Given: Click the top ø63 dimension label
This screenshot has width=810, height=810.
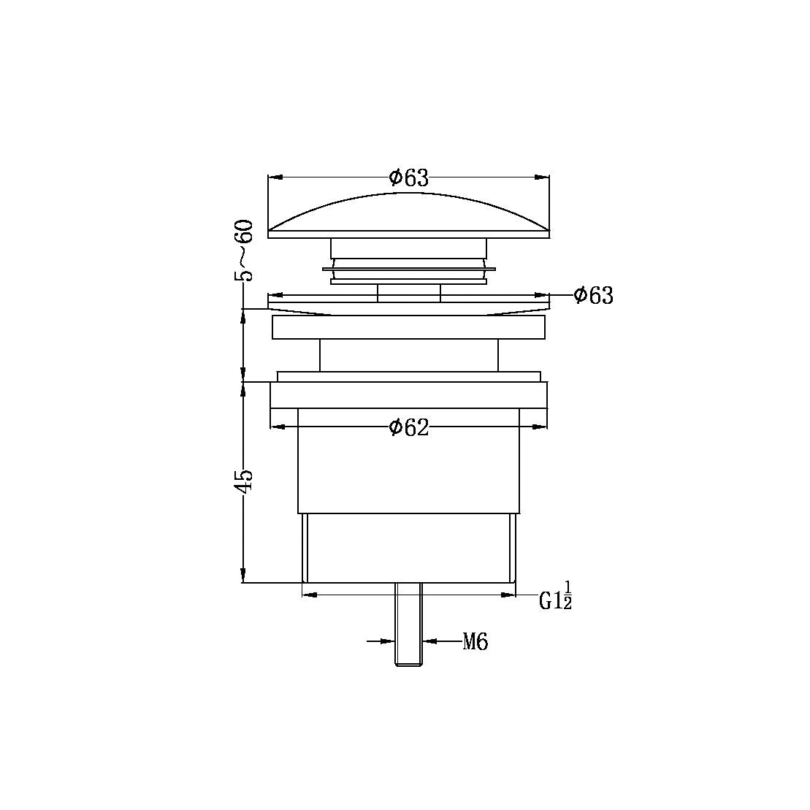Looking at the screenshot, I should click(x=408, y=177).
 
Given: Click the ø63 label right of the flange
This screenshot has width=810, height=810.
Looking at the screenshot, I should click(x=593, y=296).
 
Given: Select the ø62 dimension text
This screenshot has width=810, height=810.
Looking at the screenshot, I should click(x=408, y=427).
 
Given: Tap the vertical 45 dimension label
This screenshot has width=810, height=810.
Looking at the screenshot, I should click(x=245, y=482).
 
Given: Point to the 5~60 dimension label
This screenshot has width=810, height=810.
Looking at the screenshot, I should click(x=245, y=250).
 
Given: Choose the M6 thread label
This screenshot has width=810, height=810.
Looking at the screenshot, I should click(x=475, y=643).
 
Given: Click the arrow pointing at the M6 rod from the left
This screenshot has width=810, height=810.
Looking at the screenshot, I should click(x=388, y=641).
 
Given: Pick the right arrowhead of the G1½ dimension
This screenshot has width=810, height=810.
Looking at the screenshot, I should click(x=509, y=595).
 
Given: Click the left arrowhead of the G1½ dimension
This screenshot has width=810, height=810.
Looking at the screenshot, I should click(x=309, y=595).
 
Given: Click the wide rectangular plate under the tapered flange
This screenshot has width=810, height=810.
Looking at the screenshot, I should click(x=408, y=327).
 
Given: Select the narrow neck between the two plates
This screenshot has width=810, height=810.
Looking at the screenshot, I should click(x=408, y=356).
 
